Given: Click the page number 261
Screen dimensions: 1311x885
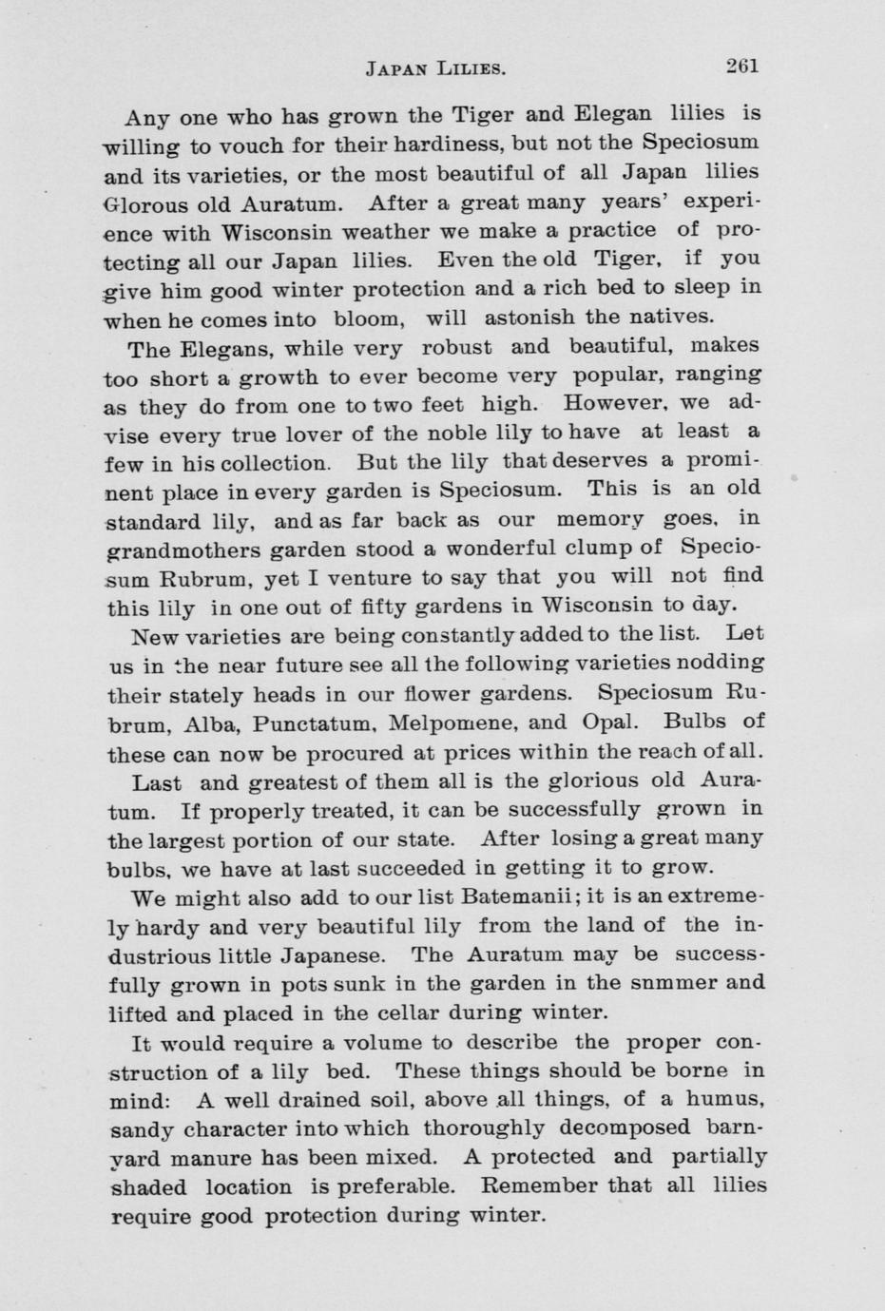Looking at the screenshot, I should (741, 66).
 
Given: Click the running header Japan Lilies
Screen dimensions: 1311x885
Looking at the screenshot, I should (434, 68).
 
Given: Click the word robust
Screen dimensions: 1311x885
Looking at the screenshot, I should (451, 348).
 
